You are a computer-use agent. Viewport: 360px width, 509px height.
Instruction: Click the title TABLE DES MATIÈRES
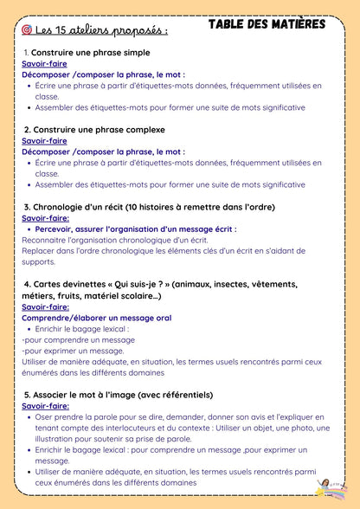tap(267, 24)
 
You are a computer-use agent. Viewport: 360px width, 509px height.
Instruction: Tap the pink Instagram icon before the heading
tap(28, 29)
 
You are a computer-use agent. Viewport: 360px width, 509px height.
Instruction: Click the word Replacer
tap(40, 251)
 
